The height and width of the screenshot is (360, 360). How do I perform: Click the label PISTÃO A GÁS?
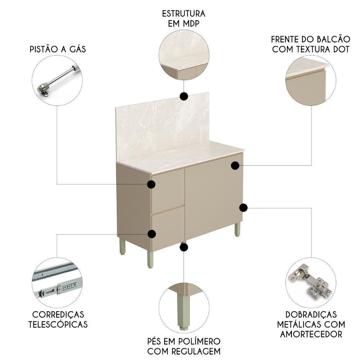click(x=58, y=49)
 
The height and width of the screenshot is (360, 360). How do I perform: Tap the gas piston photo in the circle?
click(x=58, y=81)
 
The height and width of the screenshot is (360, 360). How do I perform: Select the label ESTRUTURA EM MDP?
click(x=184, y=19)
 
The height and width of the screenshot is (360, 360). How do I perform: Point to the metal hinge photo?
click(x=310, y=282)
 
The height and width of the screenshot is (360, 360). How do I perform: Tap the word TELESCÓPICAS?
click(x=58, y=324)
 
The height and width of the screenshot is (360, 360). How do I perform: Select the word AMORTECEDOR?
click(x=310, y=334)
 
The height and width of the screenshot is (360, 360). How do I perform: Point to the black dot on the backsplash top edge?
click(x=184, y=96)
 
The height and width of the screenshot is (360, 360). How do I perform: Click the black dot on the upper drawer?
click(x=152, y=184)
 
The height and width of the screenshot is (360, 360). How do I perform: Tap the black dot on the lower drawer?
click(x=152, y=234)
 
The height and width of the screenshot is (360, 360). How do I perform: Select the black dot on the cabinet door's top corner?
click(x=235, y=165)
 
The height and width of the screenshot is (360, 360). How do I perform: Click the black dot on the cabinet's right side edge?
click(x=243, y=207)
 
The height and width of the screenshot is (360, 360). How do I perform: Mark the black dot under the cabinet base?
click(x=184, y=247)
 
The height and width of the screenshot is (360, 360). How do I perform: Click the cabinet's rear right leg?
click(x=237, y=229)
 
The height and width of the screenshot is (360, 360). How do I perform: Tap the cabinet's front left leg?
click(x=150, y=259)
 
